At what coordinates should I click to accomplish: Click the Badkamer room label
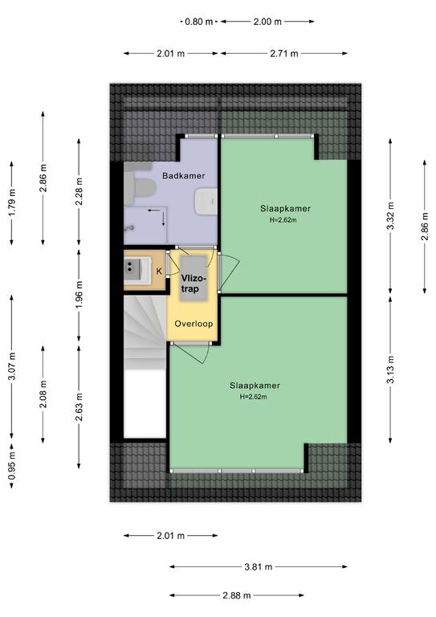point(184,176)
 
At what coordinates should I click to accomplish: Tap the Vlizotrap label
point(193,284)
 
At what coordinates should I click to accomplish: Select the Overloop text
point(194,324)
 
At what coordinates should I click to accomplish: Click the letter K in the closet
point(159,271)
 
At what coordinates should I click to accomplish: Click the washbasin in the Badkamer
point(206,202)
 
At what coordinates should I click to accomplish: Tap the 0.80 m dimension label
point(198,22)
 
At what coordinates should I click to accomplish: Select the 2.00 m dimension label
point(267,22)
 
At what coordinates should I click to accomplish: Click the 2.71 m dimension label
point(284,54)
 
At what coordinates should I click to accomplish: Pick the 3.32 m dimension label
point(390,215)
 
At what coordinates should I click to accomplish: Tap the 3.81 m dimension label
point(259,566)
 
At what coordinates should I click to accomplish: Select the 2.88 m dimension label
point(237,595)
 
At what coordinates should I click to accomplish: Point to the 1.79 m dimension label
point(12,202)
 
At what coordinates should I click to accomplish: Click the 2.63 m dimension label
point(79,407)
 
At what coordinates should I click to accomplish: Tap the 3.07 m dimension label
point(12,366)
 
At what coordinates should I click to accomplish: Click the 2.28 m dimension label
point(79,192)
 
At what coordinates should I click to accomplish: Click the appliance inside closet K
point(137,270)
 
